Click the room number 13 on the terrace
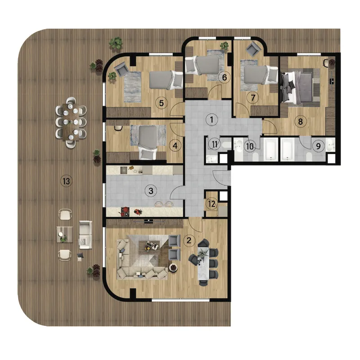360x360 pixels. click(x=66, y=181)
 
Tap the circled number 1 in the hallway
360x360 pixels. click(x=211, y=120)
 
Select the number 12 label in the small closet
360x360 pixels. click(x=211, y=204)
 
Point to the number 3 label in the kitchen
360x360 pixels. click(x=151, y=190)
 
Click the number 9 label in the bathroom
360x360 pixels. click(x=318, y=146)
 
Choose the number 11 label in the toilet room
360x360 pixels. click(x=214, y=144)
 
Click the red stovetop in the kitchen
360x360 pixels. click(x=125, y=211)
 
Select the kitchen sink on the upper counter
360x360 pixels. click(x=123, y=170)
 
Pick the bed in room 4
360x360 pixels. click(x=148, y=142)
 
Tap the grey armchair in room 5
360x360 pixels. click(x=122, y=69)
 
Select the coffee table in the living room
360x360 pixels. click(x=149, y=246)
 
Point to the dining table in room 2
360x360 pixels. click(x=204, y=263)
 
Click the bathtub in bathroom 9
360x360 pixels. click(x=287, y=149)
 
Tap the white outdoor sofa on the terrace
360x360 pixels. click(x=85, y=235)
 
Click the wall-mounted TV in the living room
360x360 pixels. click(x=149, y=221)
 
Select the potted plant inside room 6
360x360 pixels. click(x=224, y=45)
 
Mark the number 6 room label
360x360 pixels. click(x=224, y=77)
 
